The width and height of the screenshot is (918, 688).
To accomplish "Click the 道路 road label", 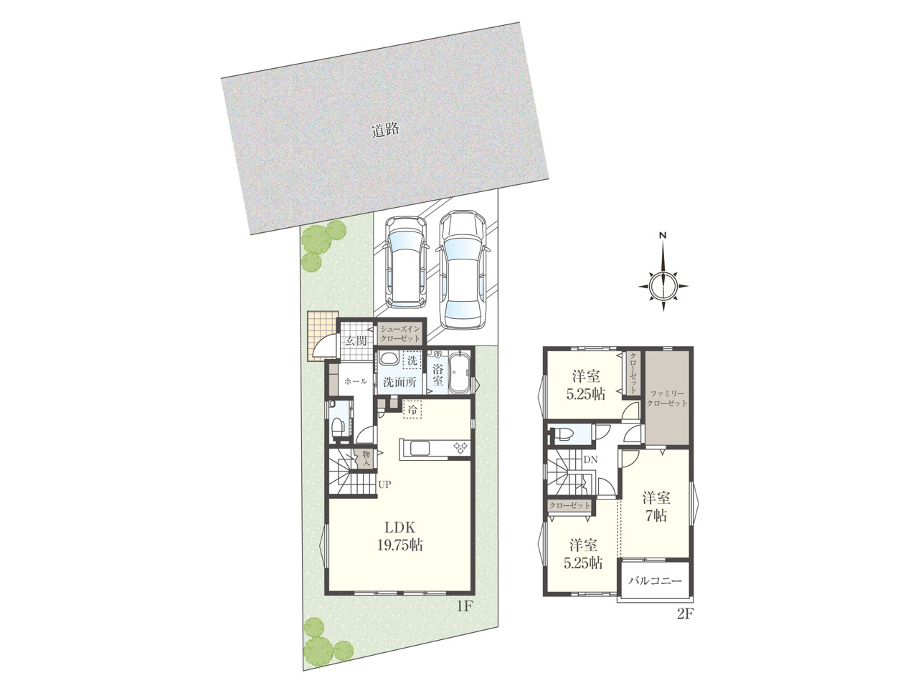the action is pyautogui.click(x=386, y=130).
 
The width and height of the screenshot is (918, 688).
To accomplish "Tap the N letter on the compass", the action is pyautogui.click(x=663, y=236).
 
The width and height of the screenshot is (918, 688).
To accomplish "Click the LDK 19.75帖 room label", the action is pyautogui.click(x=399, y=536).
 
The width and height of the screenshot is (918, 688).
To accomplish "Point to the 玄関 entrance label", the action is pyautogui.click(x=356, y=340).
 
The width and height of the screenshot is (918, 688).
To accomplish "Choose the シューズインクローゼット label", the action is pyautogui.click(x=399, y=333).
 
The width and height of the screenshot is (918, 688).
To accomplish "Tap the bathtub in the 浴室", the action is pyautogui.click(x=460, y=372).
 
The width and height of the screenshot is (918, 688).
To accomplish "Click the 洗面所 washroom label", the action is pyautogui.click(x=399, y=382).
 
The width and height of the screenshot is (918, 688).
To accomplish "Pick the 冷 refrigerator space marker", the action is pyautogui.click(x=412, y=410).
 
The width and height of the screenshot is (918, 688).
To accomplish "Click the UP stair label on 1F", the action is pyautogui.click(x=384, y=484).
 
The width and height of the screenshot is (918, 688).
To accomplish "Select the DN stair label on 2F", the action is pyautogui.click(x=590, y=459).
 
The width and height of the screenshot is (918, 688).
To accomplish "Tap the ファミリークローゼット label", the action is pyautogui.click(x=667, y=398).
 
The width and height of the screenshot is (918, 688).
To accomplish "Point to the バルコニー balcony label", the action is pyautogui.click(x=655, y=580).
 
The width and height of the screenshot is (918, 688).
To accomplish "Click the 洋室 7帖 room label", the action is pyautogui.click(x=656, y=507).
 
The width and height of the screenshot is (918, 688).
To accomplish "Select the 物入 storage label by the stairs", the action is pyautogui.click(x=366, y=457).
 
